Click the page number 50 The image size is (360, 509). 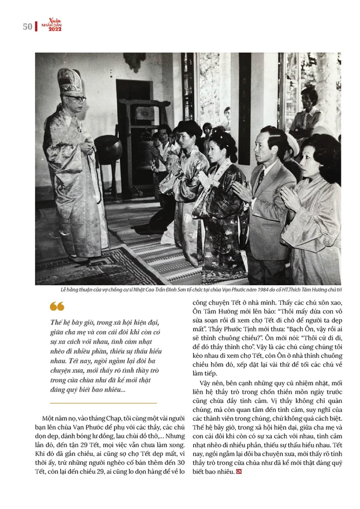[x=27, y=26]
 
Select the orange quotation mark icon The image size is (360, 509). [x=56, y=306]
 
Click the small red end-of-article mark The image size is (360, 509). [x=239, y=473]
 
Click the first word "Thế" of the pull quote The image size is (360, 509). [x=56, y=323]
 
